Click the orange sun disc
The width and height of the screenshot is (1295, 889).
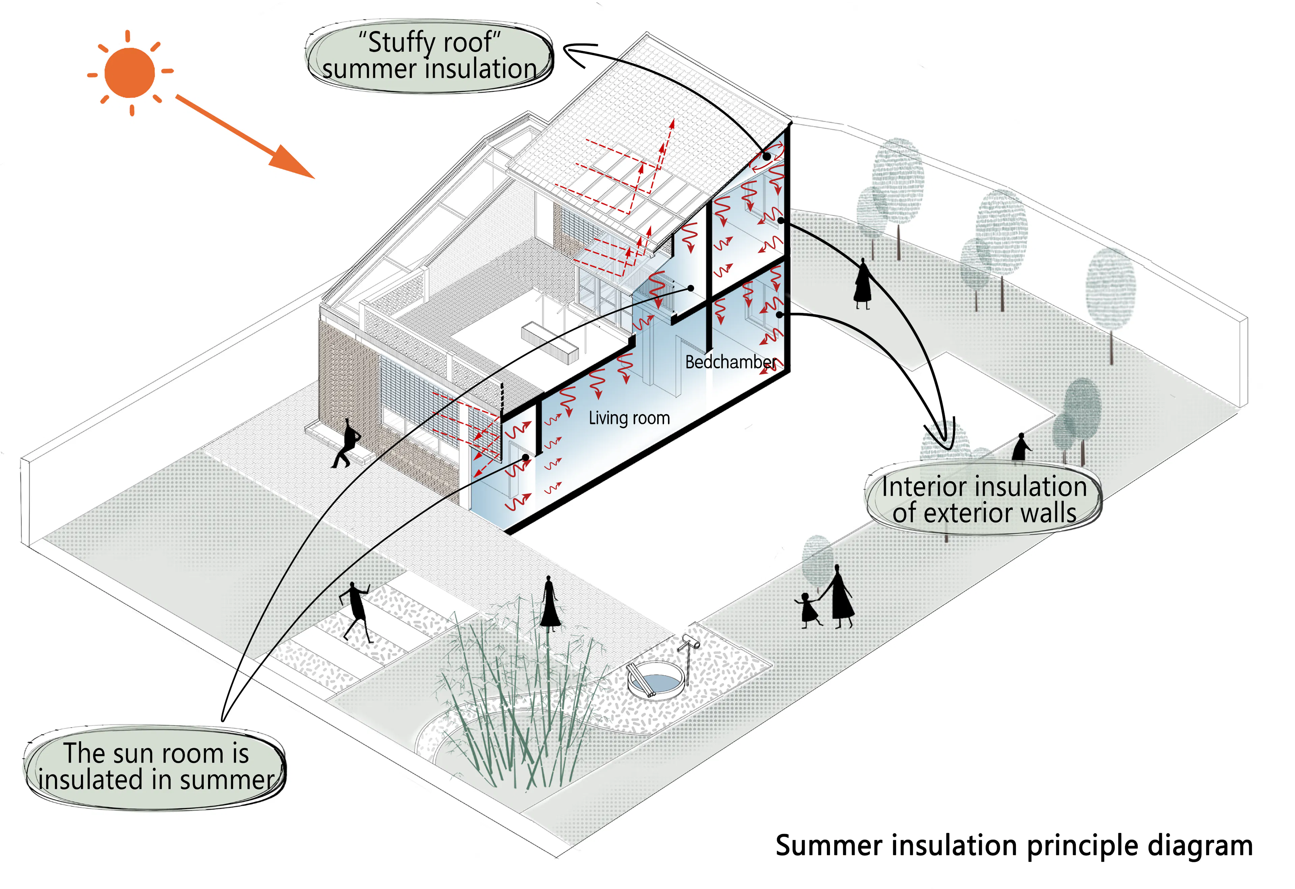click(129, 73)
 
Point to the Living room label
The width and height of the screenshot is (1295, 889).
click(629, 418)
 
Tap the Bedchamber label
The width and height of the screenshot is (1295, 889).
click(730, 362)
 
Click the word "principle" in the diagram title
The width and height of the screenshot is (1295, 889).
click(1082, 847)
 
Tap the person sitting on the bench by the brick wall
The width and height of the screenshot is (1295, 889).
click(347, 443)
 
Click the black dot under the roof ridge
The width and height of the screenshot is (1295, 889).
click(767, 156)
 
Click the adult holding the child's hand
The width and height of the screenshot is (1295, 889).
click(839, 596)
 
